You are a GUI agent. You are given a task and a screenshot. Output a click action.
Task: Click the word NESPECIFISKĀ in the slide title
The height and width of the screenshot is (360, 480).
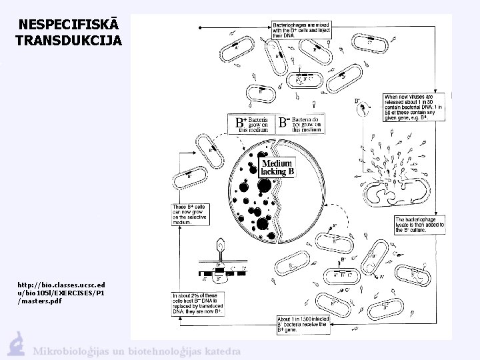click(x=60, y=25)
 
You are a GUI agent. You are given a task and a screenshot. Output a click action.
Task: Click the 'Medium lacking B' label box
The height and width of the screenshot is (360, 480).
click(x=277, y=167)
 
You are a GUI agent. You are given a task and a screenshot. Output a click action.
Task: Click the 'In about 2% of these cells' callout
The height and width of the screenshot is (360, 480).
click(x=197, y=303)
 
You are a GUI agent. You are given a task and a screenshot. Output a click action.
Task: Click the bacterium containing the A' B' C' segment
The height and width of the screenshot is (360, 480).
click(x=307, y=79)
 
